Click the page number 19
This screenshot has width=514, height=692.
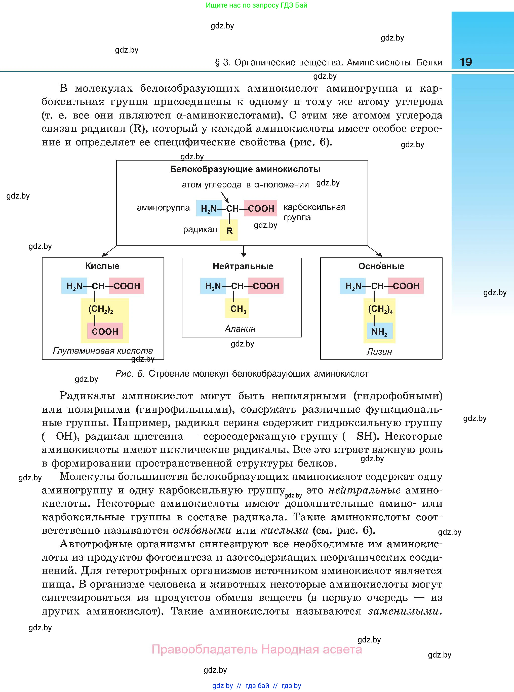[465, 62]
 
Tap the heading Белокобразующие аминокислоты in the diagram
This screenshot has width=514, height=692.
[245, 169]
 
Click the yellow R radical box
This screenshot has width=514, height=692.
[229, 230]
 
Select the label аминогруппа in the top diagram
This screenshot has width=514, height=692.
[163, 208]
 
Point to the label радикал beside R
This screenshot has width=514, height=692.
[200, 230]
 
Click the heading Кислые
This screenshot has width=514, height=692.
[102, 266]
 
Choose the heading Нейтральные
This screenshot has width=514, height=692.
[243, 266]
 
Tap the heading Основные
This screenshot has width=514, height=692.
[381, 266]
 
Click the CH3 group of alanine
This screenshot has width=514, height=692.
[238, 309]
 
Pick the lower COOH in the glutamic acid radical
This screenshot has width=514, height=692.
[105, 331]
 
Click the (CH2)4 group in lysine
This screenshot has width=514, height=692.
[380, 309]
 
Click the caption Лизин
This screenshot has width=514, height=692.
[379, 352]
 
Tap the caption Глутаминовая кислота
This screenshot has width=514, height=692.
[103, 351]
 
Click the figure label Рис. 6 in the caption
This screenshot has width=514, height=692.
[130, 374]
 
